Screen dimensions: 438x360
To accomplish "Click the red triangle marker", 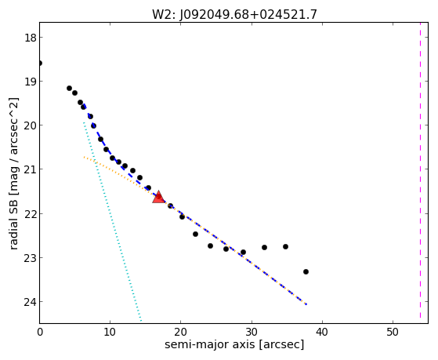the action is (158, 197).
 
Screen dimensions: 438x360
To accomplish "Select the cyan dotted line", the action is (112, 221).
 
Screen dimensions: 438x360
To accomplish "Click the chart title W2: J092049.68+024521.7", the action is (234, 14).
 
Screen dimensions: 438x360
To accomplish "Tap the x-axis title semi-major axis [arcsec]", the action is (234, 344).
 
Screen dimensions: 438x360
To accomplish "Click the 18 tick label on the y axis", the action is (30, 38).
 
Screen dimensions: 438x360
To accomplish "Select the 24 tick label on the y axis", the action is (30, 302).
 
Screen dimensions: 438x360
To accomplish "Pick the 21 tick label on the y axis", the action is (30, 169).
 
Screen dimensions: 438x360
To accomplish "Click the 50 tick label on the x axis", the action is (393, 332).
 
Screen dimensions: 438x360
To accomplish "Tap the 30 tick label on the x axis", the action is (252, 332).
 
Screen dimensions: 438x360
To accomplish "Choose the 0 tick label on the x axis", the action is (40, 332).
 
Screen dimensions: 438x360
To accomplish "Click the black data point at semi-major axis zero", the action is (40, 64).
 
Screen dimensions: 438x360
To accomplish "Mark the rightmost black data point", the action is (306, 271).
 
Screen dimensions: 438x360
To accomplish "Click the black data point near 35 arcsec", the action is (285, 247).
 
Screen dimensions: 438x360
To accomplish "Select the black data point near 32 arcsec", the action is (264, 248).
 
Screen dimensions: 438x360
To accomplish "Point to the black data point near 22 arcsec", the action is (196, 235).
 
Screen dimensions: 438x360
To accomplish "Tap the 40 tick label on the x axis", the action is (322, 332).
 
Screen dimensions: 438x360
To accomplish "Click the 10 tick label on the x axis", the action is (110, 332).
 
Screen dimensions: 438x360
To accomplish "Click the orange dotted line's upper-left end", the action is (84, 157).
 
